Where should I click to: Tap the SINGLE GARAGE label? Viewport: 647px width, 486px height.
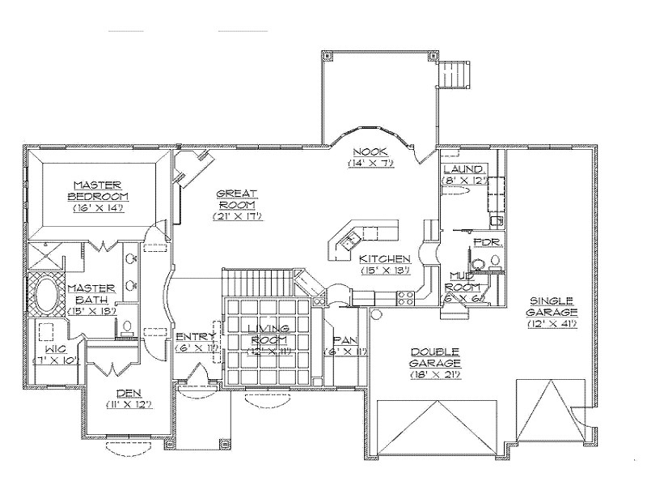(554, 305)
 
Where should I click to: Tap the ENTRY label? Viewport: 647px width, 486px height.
(195, 336)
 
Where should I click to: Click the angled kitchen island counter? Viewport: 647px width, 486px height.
(362, 235)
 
